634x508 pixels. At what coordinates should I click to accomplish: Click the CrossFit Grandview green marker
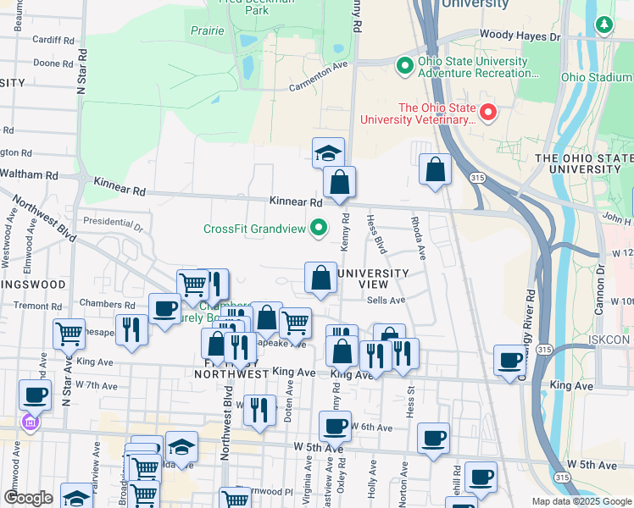[319, 228]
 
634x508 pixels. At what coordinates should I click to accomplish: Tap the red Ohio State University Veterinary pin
[488, 112]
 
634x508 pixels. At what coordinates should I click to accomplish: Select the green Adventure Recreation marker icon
[405, 65]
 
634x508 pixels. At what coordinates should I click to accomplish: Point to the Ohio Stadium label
[597, 77]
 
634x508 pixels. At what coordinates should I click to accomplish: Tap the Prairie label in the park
[209, 31]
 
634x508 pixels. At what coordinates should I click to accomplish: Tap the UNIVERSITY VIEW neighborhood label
[373, 279]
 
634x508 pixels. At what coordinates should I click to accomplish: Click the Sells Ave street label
[387, 300]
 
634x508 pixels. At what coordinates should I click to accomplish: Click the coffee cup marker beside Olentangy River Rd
[509, 361]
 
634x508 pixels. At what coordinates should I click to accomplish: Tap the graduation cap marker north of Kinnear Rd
[328, 153]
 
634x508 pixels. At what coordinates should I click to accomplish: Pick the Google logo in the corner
[28, 498]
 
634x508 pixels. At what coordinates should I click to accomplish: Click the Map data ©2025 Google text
[581, 501]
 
